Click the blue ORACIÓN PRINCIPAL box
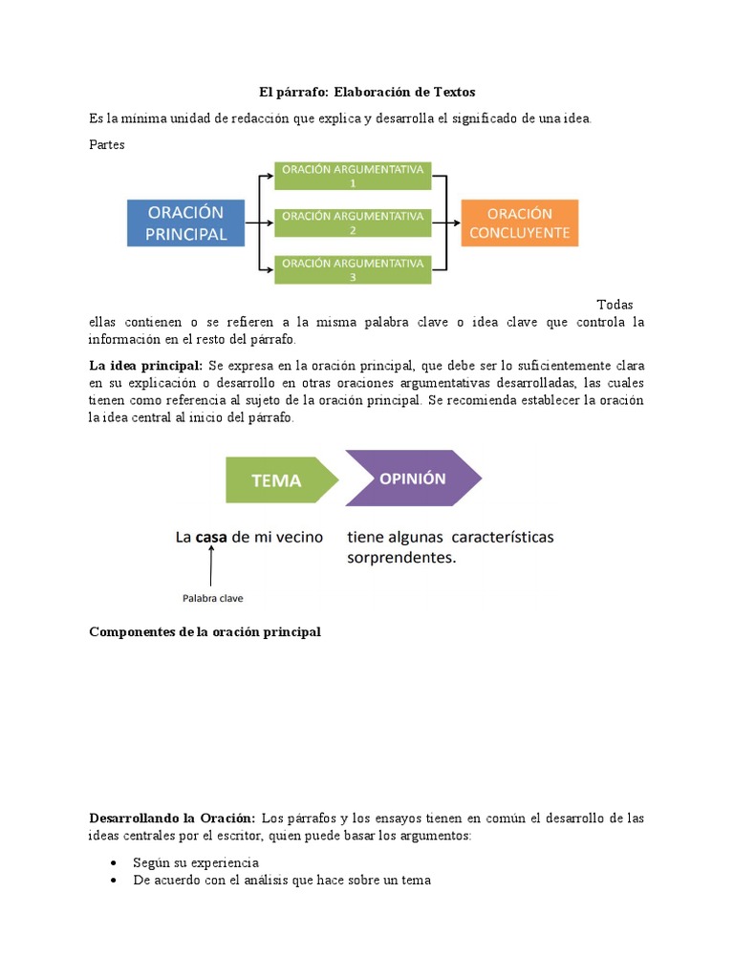(186, 223)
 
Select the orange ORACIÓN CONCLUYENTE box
(520, 223)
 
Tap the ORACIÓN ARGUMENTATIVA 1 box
(353, 176)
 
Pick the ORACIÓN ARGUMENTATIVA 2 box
(353, 223)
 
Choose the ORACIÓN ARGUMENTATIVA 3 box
(353, 270)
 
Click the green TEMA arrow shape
(277, 480)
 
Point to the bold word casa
(215, 538)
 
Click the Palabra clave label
(212, 599)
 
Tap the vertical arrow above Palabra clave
(210, 568)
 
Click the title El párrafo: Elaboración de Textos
(367, 92)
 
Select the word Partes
(106, 145)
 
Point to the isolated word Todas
(615, 305)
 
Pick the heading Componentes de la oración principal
(205, 632)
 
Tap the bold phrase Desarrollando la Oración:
(171, 819)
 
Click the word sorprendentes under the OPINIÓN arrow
(401, 558)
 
